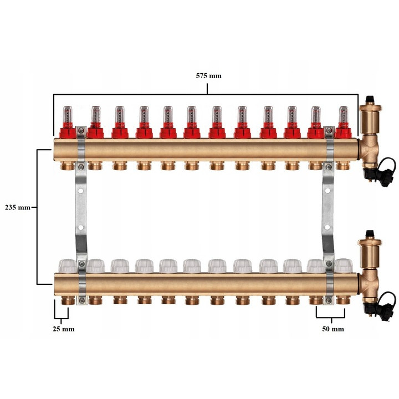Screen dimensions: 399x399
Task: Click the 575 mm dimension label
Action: click(209, 76)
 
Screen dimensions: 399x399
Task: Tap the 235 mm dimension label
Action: click(18, 207)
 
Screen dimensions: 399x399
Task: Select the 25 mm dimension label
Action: click(64, 329)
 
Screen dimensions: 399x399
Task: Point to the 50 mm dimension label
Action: click(333, 329)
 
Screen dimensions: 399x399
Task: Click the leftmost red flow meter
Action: click(68, 122)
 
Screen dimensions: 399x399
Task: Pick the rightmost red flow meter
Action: click(343, 122)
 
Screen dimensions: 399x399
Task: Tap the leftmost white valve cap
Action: click(68, 266)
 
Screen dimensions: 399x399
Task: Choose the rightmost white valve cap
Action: click(344, 266)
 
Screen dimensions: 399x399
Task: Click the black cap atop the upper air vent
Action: click(370, 100)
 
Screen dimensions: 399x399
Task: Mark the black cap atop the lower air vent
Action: click(370, 234)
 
